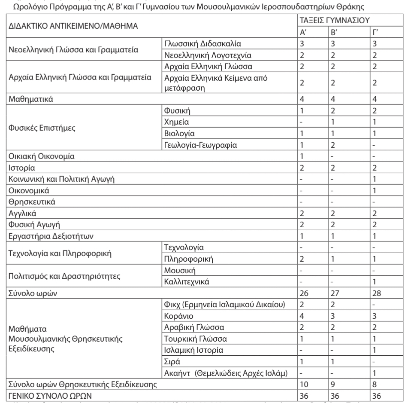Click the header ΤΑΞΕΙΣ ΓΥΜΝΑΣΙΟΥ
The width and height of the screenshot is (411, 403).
pyautogui.click(x=335, y=20)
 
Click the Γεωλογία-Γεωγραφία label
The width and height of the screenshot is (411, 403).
pyautogui.click(x=200, y=144)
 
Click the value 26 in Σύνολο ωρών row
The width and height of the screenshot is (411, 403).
pyautogui.click(x=304, y=293)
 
